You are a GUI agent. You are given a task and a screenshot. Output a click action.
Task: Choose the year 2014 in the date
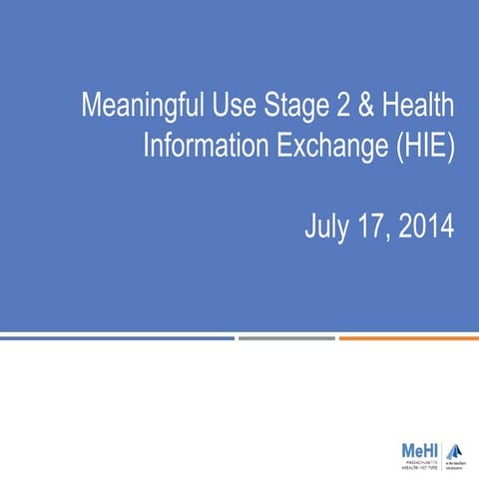pyautogui.click(x=426, y=228)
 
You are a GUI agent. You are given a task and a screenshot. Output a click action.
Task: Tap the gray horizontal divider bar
pyautogui.click(x=286, y=337)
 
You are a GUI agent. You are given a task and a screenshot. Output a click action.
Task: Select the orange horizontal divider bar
pyautogui.click(x=408, y=337)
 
